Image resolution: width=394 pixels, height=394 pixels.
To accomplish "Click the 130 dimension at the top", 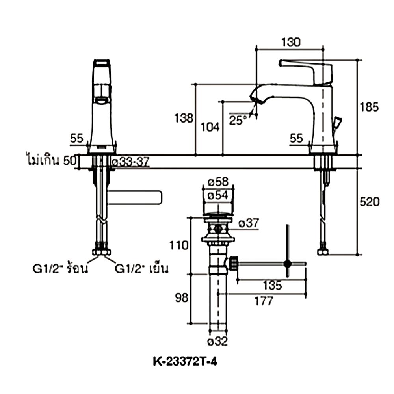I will point(291,42).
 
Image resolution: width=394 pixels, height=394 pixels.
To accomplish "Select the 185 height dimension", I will point(370,107).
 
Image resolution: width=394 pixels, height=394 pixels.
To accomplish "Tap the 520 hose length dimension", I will point(370,202).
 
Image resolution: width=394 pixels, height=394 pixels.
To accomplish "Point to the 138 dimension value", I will point(184,118).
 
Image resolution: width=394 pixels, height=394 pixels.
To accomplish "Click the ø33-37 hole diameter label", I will point(130,162).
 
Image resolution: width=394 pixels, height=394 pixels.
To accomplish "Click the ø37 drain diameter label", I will point(249,223).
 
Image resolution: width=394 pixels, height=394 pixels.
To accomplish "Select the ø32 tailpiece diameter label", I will point(217,341).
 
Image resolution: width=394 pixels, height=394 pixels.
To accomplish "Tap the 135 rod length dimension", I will point(272,286).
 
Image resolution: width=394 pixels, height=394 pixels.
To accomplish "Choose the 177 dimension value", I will point(263,301).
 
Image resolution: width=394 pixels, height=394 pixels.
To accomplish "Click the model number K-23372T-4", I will point(185,361).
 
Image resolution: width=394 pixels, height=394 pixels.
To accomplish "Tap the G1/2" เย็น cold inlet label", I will point(142,269).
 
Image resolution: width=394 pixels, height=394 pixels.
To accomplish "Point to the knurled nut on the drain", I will point(233,263).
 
